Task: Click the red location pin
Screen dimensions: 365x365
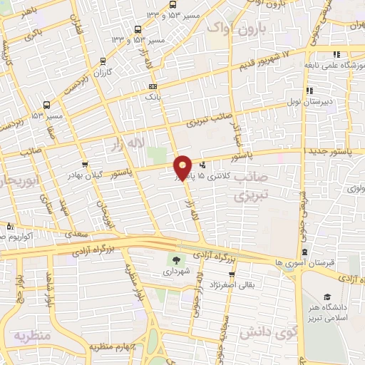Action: [183, 166]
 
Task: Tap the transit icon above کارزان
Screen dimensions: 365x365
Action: [104, 61]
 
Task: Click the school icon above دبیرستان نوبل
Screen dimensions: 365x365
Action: [309, 91]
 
